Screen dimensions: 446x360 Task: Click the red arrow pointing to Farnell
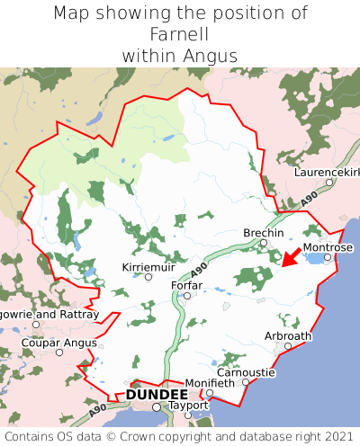pyautogui.click(x=289, y=256)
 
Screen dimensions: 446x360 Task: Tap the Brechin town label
pyautogui.click(x=264, y=233)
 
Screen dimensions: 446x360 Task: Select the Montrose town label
pyautogui.click(x=328, y=247)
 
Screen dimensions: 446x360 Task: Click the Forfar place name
pyautogui.click(x=186, y=285)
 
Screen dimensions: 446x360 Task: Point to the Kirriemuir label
pyautogui.click(x=148, y=267)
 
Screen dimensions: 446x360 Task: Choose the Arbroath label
pyautogui.click(x=288, y=335)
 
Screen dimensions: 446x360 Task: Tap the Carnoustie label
pyautogui.click(x=246, y=371)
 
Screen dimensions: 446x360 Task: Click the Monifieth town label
pyautogui.click(x=210, y=383)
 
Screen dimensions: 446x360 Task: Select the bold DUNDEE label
pyautogui.click(x=157, y=395)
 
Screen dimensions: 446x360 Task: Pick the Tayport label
pyautogui.click(x=188, y=406)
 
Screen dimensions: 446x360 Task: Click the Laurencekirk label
pyautogui.click(x=328, y=172)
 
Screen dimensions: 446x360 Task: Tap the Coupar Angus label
pyautogui.click(x=59, y=342)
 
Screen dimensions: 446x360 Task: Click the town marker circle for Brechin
pyautogui.click(x=264, y=243)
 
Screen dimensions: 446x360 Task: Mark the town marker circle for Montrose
pyautogui.click(x=328, y=257)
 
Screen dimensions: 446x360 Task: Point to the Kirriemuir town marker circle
pyautogui.click(x=148, y=277)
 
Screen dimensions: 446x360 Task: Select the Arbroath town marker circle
pyautogui.click(x=288, y=345)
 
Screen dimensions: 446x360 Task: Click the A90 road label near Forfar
pyautogui.click(x=200, y=268)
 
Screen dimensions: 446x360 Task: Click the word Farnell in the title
pyautogui.click(x=180, y=34)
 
